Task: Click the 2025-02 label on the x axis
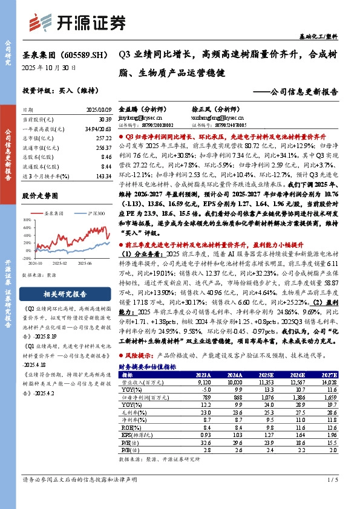coord(59,264)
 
